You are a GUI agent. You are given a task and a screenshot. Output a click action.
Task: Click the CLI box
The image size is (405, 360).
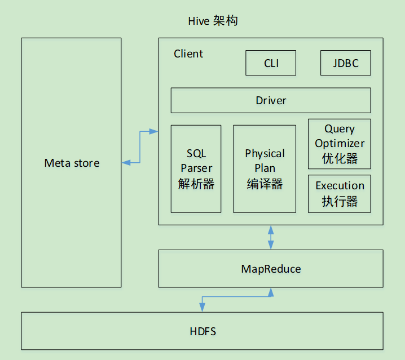271,63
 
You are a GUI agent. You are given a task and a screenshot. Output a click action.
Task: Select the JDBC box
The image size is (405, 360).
346,63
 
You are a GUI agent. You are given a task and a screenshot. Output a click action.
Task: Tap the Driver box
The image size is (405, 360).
271,100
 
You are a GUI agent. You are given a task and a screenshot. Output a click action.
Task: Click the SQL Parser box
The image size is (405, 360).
196,169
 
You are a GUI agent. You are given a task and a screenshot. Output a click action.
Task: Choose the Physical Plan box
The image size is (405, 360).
265,169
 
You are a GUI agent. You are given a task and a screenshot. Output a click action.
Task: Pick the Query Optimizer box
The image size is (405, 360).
340,144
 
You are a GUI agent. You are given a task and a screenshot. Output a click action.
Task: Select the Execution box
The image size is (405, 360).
340,194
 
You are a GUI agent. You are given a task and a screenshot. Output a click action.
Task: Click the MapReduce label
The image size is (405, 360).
271,269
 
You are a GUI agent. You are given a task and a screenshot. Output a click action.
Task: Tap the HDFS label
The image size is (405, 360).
202,332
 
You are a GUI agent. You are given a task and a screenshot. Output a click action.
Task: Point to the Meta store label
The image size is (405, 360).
72,163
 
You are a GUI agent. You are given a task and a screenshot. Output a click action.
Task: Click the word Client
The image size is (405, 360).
188,54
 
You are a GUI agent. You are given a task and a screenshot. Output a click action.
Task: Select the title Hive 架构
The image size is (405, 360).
213,21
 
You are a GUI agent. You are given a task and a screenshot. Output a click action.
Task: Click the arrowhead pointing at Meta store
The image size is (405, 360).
126,163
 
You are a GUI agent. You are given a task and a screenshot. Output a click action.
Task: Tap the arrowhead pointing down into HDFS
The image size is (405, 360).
202,308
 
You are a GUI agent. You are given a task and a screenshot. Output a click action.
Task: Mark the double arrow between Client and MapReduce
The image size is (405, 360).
271,237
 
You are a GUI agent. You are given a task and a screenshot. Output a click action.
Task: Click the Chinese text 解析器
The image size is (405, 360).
196,184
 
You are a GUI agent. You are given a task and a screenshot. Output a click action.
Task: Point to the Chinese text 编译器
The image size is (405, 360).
265,184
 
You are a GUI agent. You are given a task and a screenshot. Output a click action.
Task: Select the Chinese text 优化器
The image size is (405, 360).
340,158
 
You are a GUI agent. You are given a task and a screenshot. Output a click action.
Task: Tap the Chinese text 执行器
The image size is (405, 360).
340,201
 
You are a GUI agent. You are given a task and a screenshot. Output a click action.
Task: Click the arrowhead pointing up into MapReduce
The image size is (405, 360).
271,292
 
